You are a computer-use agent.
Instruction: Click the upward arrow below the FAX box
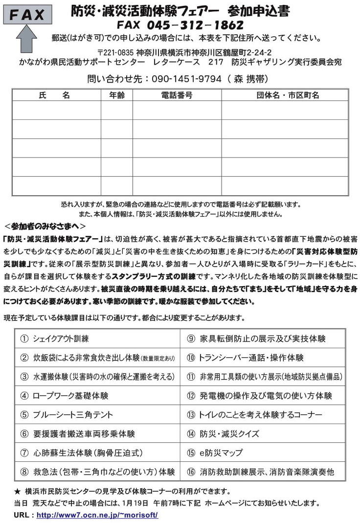click(27, 38)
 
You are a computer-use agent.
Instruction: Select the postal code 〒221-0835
click(116, 52)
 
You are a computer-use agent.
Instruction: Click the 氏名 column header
click(54, 95)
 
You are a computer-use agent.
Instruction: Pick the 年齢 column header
click(117, 95)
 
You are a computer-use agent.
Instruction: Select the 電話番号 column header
click(177, 95)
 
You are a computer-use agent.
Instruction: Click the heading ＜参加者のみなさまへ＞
click(45, 226)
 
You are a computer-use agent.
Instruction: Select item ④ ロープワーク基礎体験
click(64, 395)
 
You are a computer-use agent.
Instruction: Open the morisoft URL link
click(97, 515)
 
